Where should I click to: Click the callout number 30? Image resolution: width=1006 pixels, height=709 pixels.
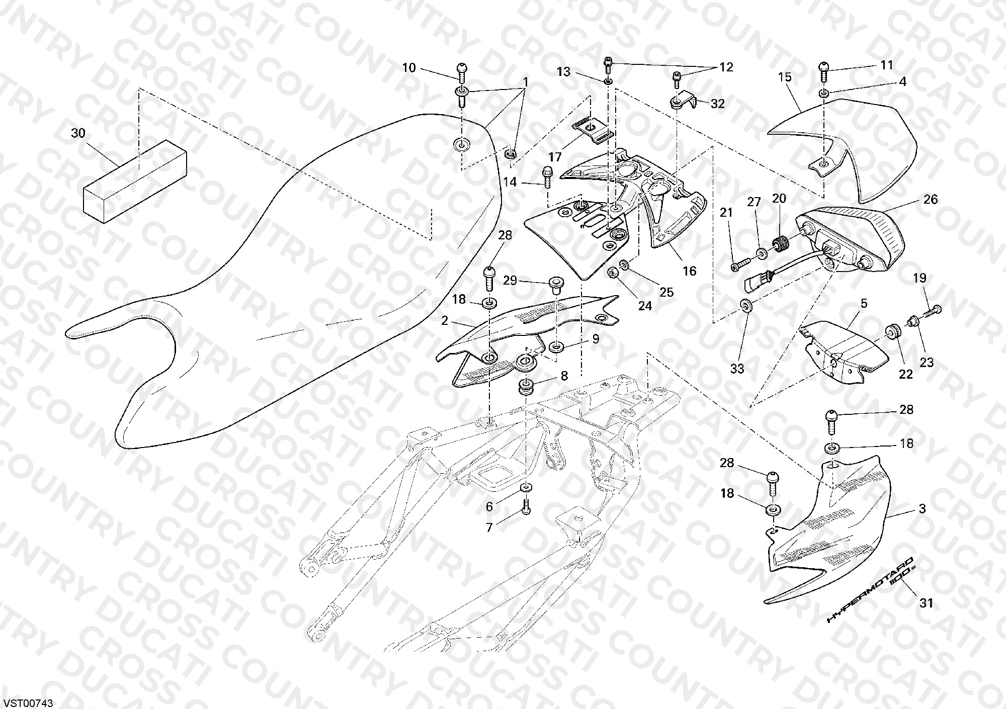(x=78, y=133)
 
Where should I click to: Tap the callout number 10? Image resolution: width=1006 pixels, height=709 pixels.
(x=409, y=67)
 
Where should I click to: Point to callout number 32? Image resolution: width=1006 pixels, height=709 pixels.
(x=718, y=104)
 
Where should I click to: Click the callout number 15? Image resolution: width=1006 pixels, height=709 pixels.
(x=785, y=77)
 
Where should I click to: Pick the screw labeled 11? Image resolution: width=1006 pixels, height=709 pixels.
(x=823, y=71)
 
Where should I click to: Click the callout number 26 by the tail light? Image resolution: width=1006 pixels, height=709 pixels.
(x=931, y=199)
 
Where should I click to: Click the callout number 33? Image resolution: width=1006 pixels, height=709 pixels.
(x=737, y=369)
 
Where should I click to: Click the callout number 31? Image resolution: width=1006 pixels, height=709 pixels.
(x=926, y=602)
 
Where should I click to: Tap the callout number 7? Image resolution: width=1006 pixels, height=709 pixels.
(x=489, y=527)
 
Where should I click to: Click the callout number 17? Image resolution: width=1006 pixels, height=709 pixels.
(x=554, y=157)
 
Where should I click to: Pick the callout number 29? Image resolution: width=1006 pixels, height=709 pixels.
(x=510, y=280)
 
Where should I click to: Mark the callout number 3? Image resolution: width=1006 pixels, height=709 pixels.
(x=922, y=508)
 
